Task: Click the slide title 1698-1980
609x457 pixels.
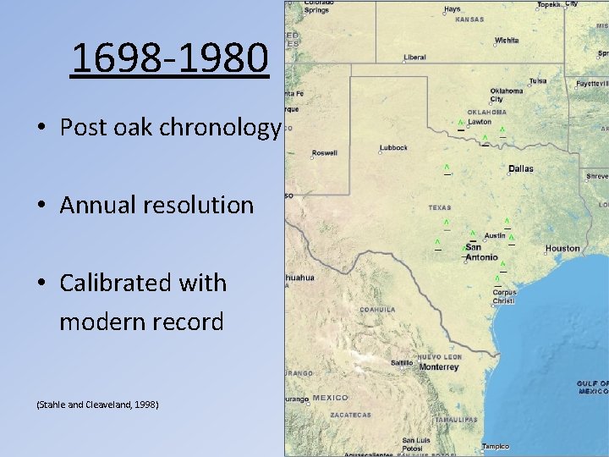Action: click(170, 58)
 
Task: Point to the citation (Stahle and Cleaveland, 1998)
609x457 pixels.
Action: click(97, 405)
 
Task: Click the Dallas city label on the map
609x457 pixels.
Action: click(521, 168)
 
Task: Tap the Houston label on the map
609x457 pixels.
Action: click(562, 249)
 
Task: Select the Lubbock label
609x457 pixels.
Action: click(393, 148)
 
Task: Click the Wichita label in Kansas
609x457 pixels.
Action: click(507, 40)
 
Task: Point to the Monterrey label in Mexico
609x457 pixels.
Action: click(438, 367)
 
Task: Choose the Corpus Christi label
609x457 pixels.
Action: click(505, 297)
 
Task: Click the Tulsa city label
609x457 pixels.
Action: click(538, 81)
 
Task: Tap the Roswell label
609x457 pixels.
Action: click(325, 153)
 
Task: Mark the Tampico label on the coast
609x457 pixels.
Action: click(496, 446)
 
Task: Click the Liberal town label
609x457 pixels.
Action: click(414, 58)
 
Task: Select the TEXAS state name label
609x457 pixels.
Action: click(440, 207)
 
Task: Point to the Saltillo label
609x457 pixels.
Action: click(402, 362)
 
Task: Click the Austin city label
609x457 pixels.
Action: click(495, 235)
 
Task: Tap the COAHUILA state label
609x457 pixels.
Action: click(377, 310)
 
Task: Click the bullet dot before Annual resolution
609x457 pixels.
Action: click(41, 206)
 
